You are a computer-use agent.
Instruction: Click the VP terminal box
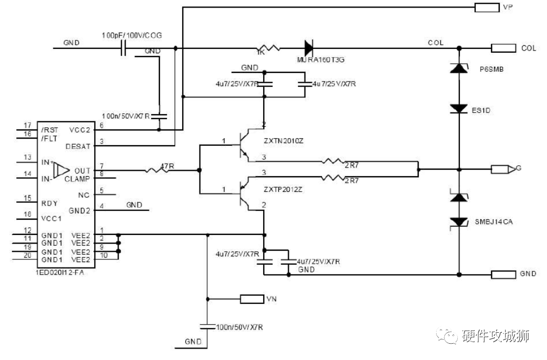487,8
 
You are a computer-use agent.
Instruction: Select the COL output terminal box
504,48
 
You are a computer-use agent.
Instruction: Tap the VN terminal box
251,299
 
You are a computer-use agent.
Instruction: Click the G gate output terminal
503,169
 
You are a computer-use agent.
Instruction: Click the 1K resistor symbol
269,48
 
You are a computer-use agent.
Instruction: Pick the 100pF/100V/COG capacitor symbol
123,48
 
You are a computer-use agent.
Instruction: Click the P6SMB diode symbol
459,68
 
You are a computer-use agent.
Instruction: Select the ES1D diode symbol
459,109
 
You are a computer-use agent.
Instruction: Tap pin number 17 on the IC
27,126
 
